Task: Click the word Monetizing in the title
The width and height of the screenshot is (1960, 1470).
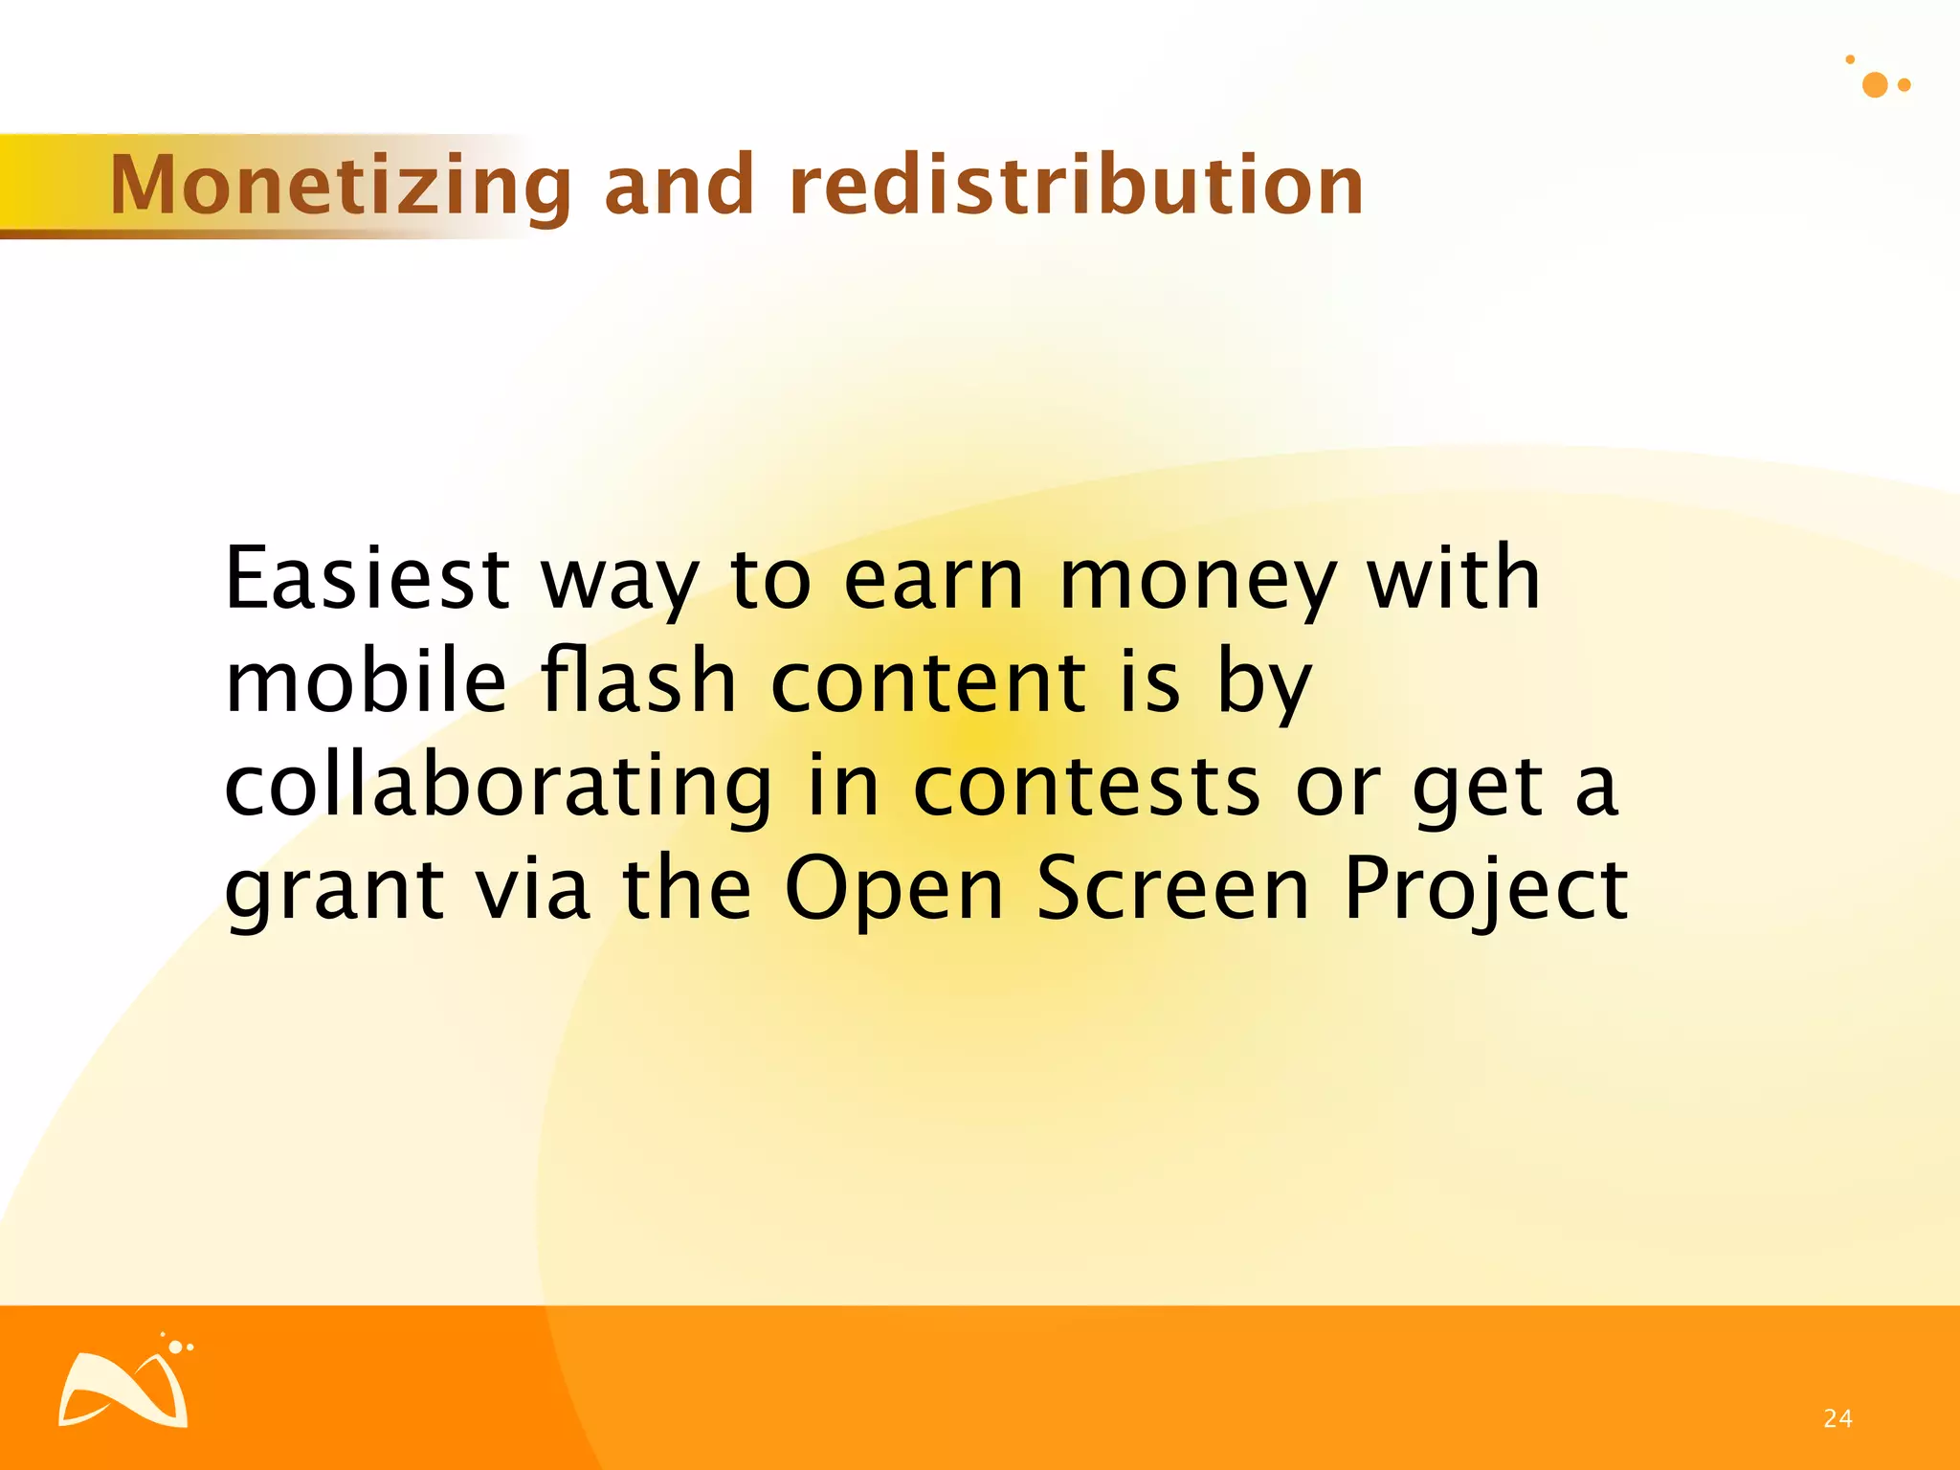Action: pos(341,186)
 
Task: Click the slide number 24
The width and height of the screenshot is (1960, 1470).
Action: pos(1837,1418)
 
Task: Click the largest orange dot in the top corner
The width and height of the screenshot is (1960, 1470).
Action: pos(1875,85)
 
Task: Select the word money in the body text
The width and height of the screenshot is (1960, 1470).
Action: pos(1197,581)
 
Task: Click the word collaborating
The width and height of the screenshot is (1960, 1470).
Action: pos(498,787)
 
